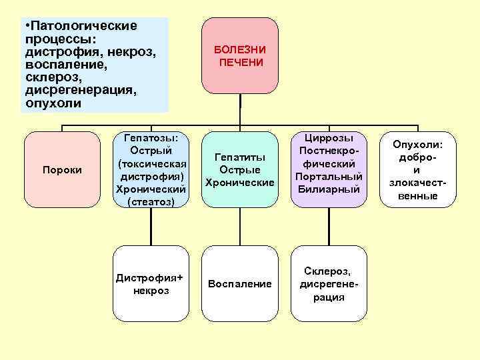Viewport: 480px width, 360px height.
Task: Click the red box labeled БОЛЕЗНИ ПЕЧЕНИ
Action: point(240,55)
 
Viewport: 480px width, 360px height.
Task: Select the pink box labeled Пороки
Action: point(62,170)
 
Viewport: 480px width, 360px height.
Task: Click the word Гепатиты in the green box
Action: point(240,157)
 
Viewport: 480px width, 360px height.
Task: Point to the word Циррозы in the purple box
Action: point(329,138)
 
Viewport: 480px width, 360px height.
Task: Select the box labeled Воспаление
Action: point(240,284)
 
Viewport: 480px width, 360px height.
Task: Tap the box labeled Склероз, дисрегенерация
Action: point(329,284)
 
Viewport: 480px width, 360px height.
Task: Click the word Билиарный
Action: point(329,189)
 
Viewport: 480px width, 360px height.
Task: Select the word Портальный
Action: point(329,176)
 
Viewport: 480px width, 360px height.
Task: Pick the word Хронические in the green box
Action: point(240,182)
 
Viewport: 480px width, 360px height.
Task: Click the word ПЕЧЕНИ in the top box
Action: point(240,62)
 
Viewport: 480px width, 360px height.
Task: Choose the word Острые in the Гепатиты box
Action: point(240,169)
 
